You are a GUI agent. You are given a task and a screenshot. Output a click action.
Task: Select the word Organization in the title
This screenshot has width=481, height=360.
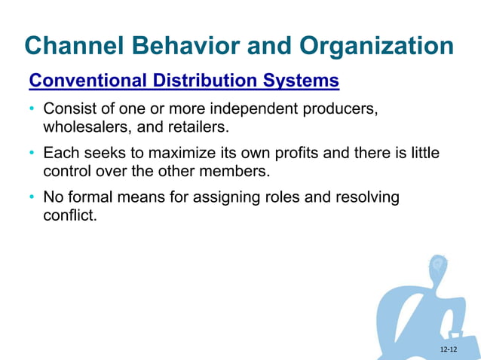(x=375, y=46)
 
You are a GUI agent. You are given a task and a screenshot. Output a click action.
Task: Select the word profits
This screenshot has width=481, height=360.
(x=295, y=154)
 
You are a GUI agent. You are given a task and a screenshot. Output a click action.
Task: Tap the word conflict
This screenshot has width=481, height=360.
(x=70, y=215)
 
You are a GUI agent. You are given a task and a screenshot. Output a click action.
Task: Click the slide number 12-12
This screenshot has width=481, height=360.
(x=449, y=349)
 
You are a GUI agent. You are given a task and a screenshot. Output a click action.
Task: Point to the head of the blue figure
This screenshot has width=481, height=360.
(x=437, y=268)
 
